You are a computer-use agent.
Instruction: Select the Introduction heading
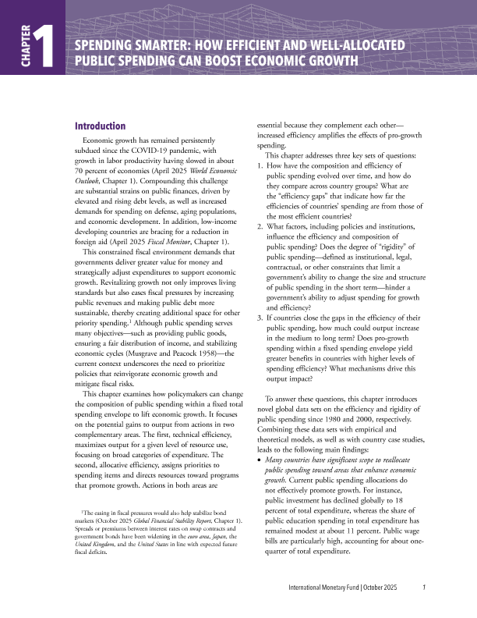tap(99, 126)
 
